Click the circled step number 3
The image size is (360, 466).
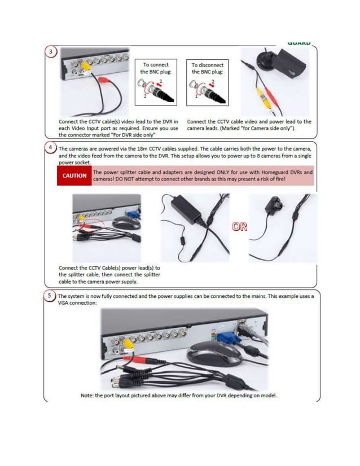(x=51, y=52)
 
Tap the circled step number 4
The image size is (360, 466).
(x=51, y=148)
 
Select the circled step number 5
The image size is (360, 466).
(x=51, y=296)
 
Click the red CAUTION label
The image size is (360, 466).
(x=74, y=175)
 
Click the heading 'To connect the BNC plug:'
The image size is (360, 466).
(x=156, y=68)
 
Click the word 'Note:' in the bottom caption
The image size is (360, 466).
(x=87, y=395)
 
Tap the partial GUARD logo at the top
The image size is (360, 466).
(x=298, y=42)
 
